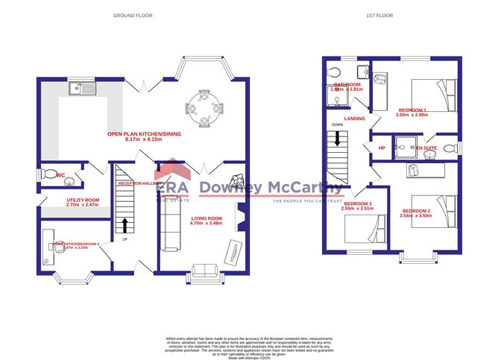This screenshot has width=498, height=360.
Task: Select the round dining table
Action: point(204,106)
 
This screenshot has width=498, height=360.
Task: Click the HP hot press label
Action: point(382,148)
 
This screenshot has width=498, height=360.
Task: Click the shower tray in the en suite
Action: point(406,146)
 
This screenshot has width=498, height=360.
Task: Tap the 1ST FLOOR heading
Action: point(379,15)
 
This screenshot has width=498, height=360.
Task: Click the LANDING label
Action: point(355,119)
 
